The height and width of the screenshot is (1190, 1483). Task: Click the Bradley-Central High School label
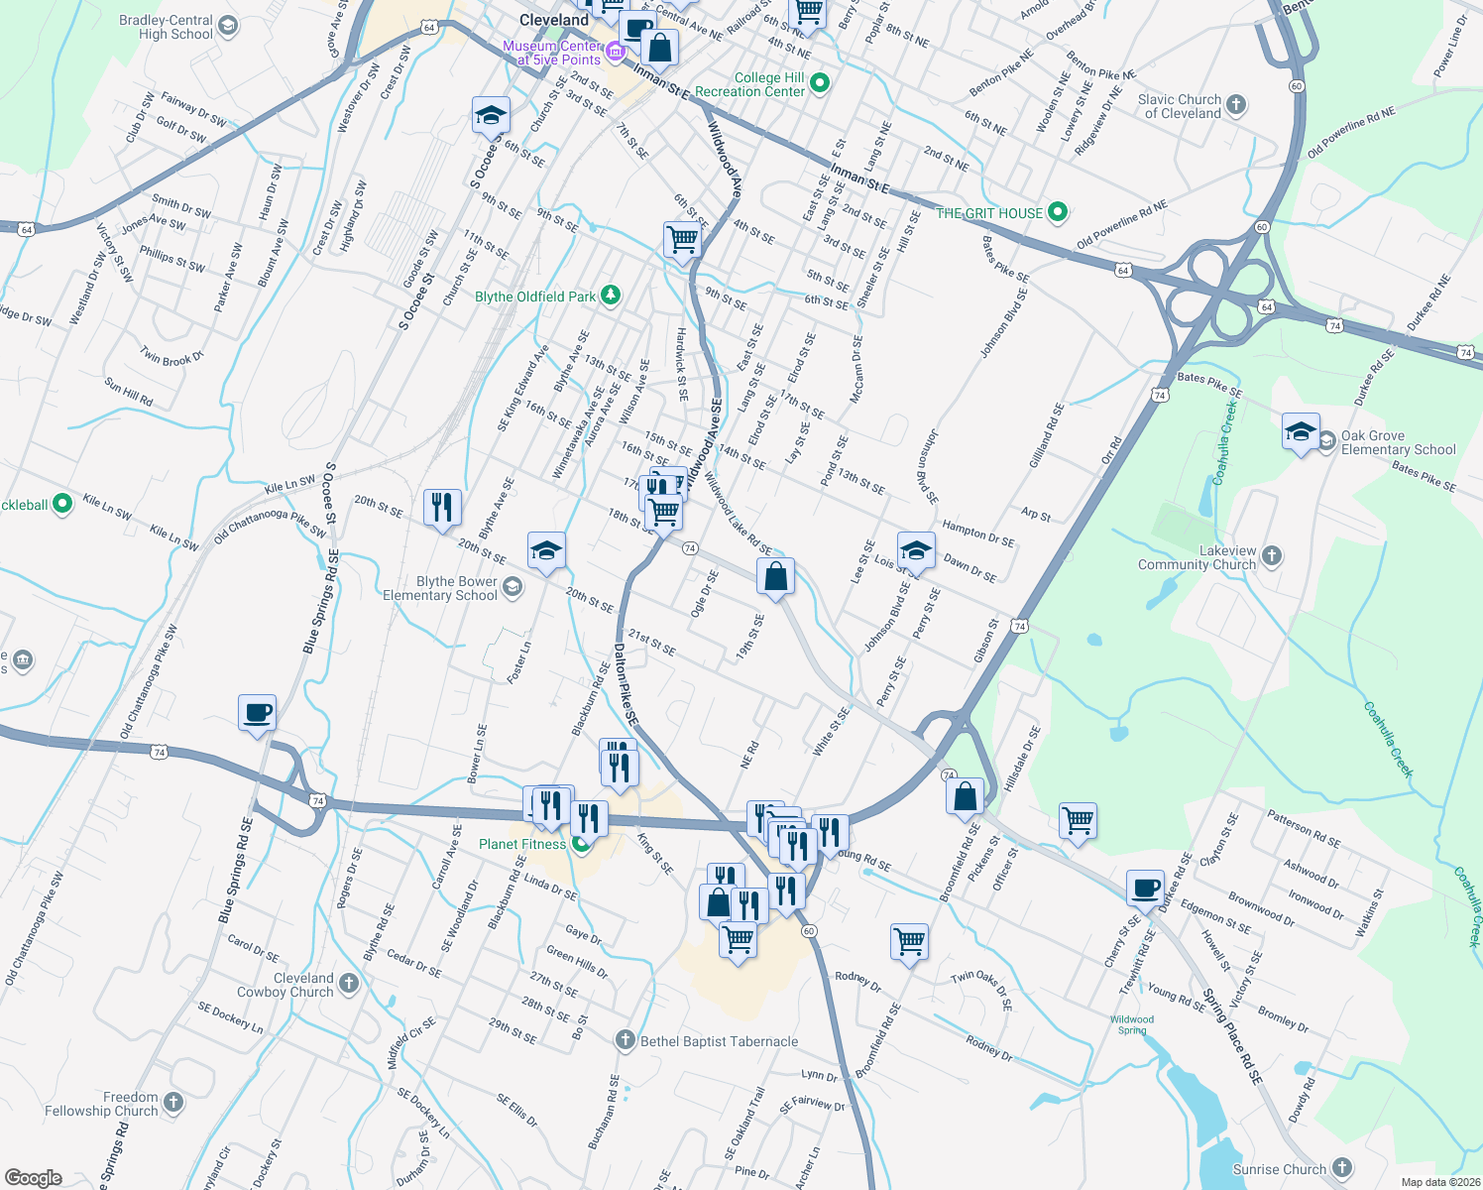tap(166, 28)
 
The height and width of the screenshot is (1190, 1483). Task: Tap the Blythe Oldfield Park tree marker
tap(611, 295)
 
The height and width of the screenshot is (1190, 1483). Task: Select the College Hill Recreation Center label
tap(750, 84)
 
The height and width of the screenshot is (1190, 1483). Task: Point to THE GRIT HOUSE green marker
tap(1058, 211)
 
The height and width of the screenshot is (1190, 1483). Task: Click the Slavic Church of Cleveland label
tap(1180, 106)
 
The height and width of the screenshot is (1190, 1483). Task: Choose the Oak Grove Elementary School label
tap(1398, 442)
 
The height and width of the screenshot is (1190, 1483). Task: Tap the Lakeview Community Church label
tap(1198, 557)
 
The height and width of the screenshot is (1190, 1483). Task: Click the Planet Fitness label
tap(522, 844)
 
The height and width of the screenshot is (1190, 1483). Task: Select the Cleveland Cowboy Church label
tap(285, 985)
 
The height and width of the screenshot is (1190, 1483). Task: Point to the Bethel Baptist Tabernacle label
tap(719, 1041)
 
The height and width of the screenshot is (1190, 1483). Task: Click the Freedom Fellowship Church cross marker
tap(173, 1102)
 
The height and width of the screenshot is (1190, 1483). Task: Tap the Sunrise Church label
tap(1280, 1169)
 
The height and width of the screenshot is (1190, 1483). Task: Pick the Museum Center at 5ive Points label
tap(552, 53)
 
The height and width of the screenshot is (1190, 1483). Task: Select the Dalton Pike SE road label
tap(625, 683)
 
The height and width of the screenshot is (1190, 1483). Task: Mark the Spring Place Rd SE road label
tap(1233, 1036)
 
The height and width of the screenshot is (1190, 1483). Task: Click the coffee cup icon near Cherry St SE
tap(1145, 888)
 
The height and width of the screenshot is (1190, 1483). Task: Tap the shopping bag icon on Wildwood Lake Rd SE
tap(775, 576)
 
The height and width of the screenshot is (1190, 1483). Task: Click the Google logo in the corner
tap(33, 1177)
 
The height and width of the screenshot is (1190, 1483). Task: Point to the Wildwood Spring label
tap(1131, 1024)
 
